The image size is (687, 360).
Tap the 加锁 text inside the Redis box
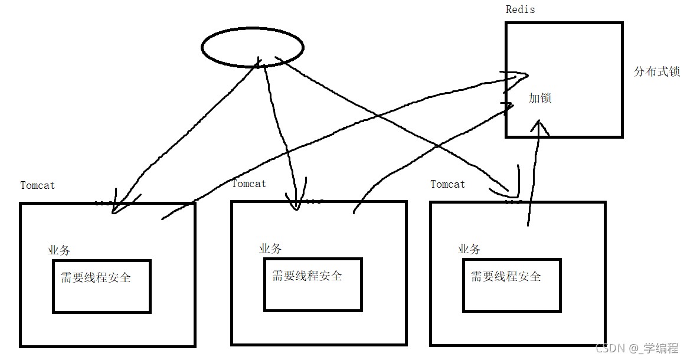coord(539,99)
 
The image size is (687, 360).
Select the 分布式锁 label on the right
coord(656,72)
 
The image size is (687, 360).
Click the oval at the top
coord(252,47)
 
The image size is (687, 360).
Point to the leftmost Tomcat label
coord(37,185)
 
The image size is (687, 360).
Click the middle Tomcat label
coord(248,184)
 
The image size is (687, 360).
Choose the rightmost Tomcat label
coord(447,184)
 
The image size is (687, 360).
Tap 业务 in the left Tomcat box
coord(59,250)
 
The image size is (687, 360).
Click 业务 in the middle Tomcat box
coord(270,248)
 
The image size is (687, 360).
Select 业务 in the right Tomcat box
coord(469,249)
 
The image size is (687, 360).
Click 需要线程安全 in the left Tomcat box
coord(96,277)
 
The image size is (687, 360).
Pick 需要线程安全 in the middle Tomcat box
coord(307,276)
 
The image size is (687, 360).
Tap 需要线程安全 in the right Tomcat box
coord(506,276)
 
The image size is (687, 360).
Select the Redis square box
coord(564,80)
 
